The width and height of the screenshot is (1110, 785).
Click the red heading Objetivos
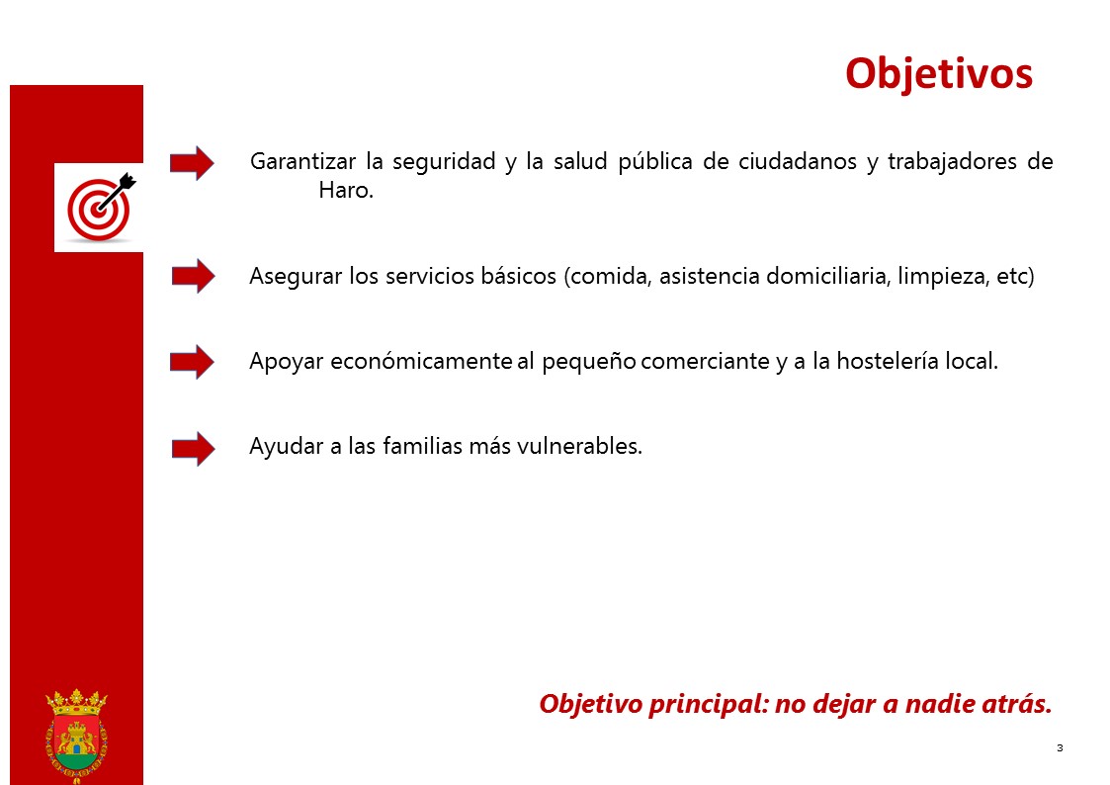[939, 74]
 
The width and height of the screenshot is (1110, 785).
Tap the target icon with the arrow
[100, 207]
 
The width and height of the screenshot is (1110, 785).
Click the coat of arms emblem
[76, 737]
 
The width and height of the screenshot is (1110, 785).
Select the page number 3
[1060, 747]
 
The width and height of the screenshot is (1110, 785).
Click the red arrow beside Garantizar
[192, 163]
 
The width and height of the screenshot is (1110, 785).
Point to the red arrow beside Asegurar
[194, 276]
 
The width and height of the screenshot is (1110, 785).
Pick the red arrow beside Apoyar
[192, 362]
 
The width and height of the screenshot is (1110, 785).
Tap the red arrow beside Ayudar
[194, 448]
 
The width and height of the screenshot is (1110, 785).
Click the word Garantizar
[303, 162]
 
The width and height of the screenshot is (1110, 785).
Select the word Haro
[346, 190]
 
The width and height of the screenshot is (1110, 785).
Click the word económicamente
[421, 361]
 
